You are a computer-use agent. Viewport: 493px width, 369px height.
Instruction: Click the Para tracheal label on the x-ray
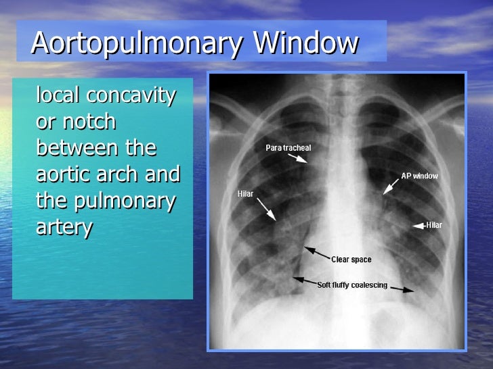pos(288,148)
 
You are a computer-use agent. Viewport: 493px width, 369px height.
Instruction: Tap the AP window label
pos(419,176)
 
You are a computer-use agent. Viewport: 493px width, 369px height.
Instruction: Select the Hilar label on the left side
pos(245,193)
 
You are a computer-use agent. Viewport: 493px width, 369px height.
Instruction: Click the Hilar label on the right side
pos(434,225)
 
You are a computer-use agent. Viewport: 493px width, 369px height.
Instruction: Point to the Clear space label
pos(351,260)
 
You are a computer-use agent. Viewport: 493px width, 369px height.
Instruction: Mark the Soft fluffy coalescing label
pos(352,285)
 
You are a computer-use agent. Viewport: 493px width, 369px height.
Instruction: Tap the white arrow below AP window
pos(392,187)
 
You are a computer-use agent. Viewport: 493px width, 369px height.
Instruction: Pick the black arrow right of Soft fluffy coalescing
pos(402,289)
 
